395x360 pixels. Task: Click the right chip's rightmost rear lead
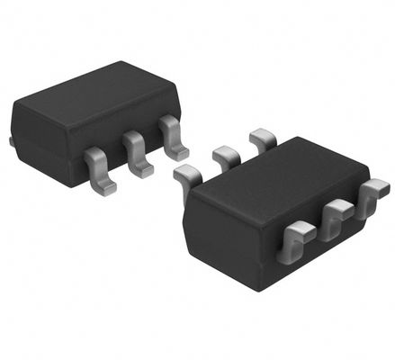[262, 139]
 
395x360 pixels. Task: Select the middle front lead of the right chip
[335, 216]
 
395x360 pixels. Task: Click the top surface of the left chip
[90, 94]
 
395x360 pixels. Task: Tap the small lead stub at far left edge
[12, 140]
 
